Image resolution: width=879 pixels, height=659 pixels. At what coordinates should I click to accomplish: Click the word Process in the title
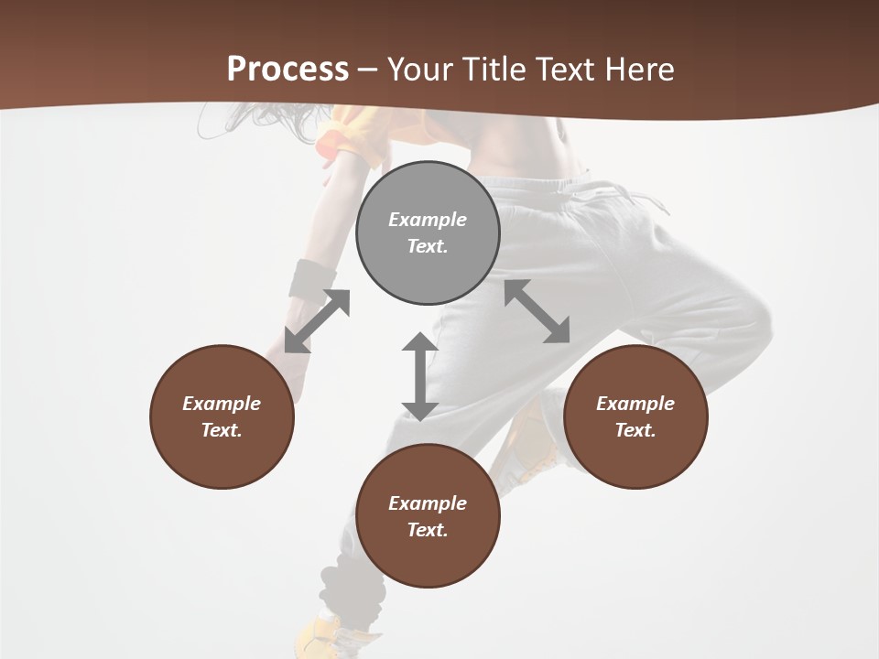tap(288, 70)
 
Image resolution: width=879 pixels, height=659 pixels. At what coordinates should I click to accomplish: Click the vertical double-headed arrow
tap(420, 376)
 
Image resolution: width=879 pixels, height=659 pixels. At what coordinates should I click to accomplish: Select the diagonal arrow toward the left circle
tap(317, 321)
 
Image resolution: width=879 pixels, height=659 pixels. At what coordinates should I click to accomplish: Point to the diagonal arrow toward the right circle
tap(537, 311)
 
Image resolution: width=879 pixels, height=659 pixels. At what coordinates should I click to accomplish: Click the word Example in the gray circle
tap(428, 220)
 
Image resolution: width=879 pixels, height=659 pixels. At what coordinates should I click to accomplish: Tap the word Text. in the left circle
tap(222, 430)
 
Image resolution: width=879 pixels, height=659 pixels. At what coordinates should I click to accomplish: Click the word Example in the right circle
tap(635, 404)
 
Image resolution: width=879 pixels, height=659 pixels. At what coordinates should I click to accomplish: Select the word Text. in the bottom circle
tap(428, 530)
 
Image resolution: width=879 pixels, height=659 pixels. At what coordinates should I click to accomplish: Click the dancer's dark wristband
tap(312, 278)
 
